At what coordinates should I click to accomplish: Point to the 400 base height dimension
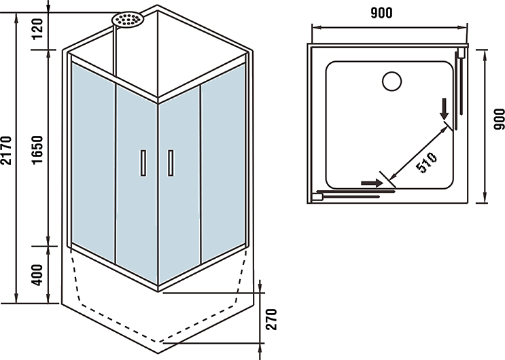[x=37, y=273]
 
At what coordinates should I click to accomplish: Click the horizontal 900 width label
[x=383, y=12]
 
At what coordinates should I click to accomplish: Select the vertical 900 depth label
[x=498, y=119]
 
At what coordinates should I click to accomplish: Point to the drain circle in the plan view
[x=392, y=82]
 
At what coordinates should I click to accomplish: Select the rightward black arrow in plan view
[x=371, y=183]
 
